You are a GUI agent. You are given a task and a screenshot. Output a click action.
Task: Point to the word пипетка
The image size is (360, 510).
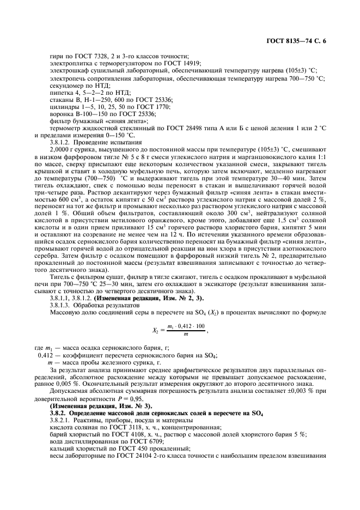pyautogui.click(x=61, y=93)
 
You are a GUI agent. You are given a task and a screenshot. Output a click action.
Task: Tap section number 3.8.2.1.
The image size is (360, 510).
pyautogui.click(x=63, y=420)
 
